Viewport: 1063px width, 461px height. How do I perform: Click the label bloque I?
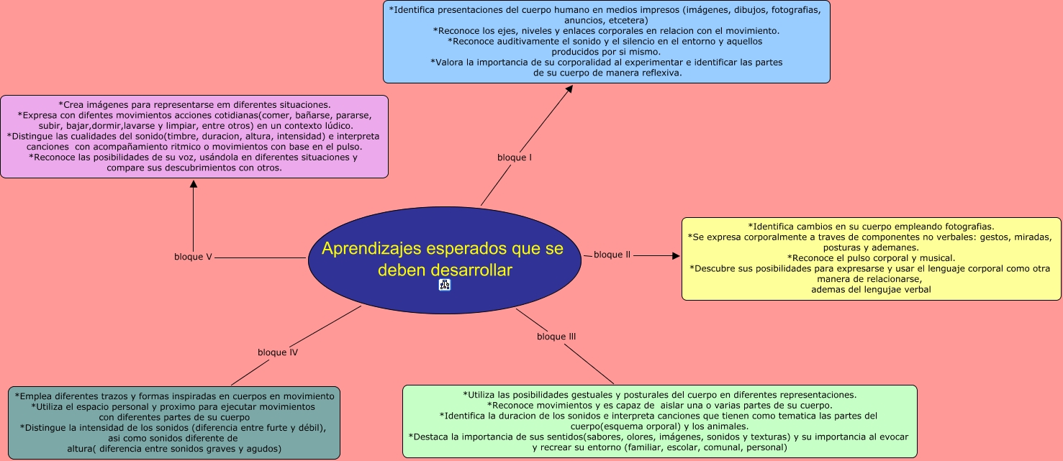514,157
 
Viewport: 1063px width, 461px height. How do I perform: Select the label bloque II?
612,255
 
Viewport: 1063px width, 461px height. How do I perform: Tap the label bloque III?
556,337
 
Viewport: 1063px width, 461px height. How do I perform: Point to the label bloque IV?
278,352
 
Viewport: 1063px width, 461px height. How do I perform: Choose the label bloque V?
193,257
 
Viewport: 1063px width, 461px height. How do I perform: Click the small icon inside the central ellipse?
444,286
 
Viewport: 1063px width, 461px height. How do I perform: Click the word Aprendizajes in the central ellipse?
366,249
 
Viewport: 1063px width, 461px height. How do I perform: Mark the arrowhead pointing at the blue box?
569,89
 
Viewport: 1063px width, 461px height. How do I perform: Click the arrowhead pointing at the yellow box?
675,255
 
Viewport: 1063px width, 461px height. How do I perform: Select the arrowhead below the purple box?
193,184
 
